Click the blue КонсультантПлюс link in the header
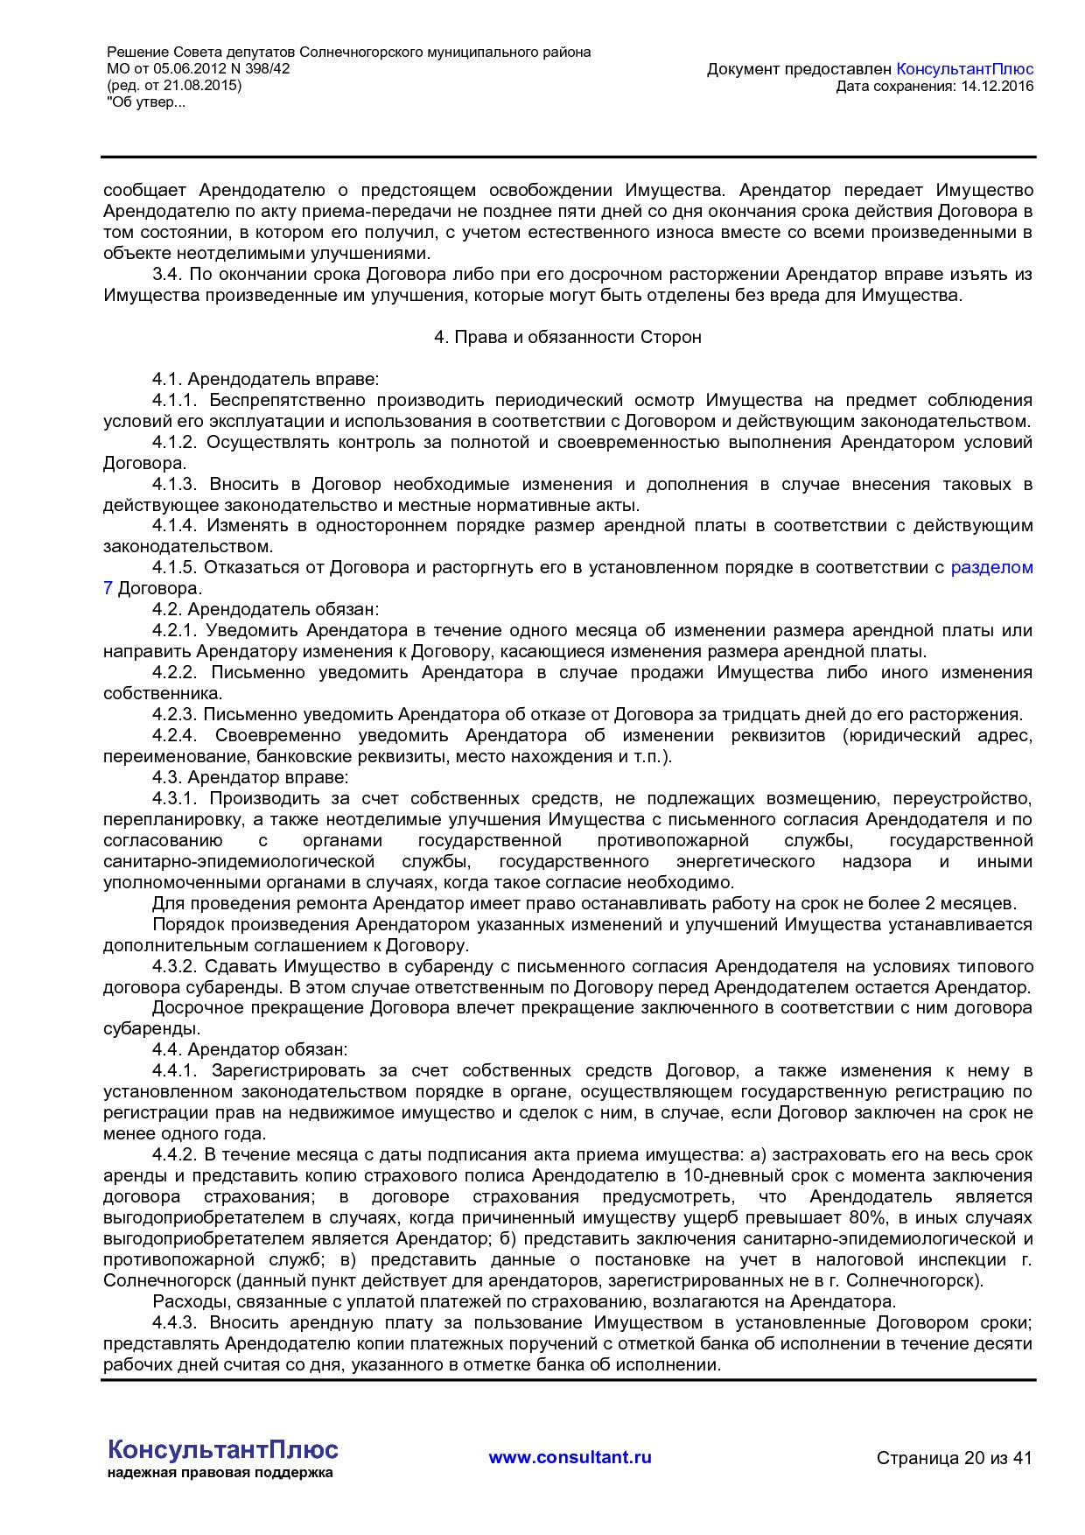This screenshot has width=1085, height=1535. tap(965, 69)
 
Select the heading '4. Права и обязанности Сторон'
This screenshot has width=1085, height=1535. tap(568, 337)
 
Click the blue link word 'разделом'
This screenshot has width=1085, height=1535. tap(991, 568)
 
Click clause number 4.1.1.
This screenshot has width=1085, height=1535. tap(176, 401)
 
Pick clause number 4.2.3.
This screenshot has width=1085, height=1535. tap(176, 715)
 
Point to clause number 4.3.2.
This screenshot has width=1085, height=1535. tap(176, 967)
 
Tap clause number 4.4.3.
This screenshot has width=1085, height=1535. tap(176, 1323)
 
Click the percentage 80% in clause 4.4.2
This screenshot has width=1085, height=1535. tap(866, 1218)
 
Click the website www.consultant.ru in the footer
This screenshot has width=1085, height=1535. tap(570, 1458)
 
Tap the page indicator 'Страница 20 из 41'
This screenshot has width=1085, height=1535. tap(954, 1459)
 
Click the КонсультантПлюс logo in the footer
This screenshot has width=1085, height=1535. tap(223, 1450)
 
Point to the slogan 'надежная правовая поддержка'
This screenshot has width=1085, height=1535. tap(220, 1473)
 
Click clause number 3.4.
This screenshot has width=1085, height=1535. tap(166, 275)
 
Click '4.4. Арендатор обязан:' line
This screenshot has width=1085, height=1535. tap(249, 1050)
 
